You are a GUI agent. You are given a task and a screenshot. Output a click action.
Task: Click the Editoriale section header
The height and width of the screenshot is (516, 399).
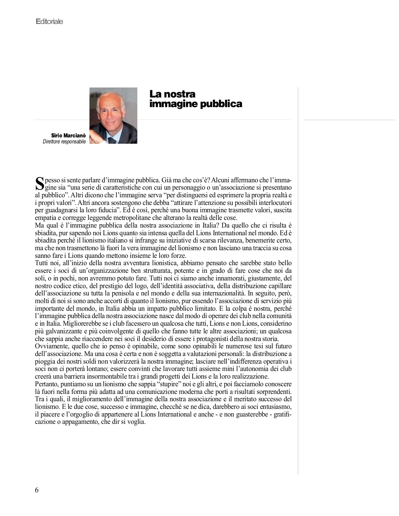click(49, 22)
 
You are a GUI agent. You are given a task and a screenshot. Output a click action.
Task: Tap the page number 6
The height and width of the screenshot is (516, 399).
click(37, 490)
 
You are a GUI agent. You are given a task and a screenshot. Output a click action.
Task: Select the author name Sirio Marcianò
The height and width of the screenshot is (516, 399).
click(68, 136)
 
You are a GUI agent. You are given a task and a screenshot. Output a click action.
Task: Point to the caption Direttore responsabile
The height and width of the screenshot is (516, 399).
click(64, 142)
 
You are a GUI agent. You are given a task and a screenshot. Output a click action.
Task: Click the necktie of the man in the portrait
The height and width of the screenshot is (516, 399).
click(112, 140)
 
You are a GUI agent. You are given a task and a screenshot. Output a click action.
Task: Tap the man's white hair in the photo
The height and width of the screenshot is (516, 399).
click(111, 96)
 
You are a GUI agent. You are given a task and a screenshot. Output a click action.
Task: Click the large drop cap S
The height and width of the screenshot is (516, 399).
click(39, 182)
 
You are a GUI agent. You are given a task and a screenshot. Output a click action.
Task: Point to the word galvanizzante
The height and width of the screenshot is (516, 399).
click(60, 331)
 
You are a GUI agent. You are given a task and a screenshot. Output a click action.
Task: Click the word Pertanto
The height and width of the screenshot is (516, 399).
click(47, 384)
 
